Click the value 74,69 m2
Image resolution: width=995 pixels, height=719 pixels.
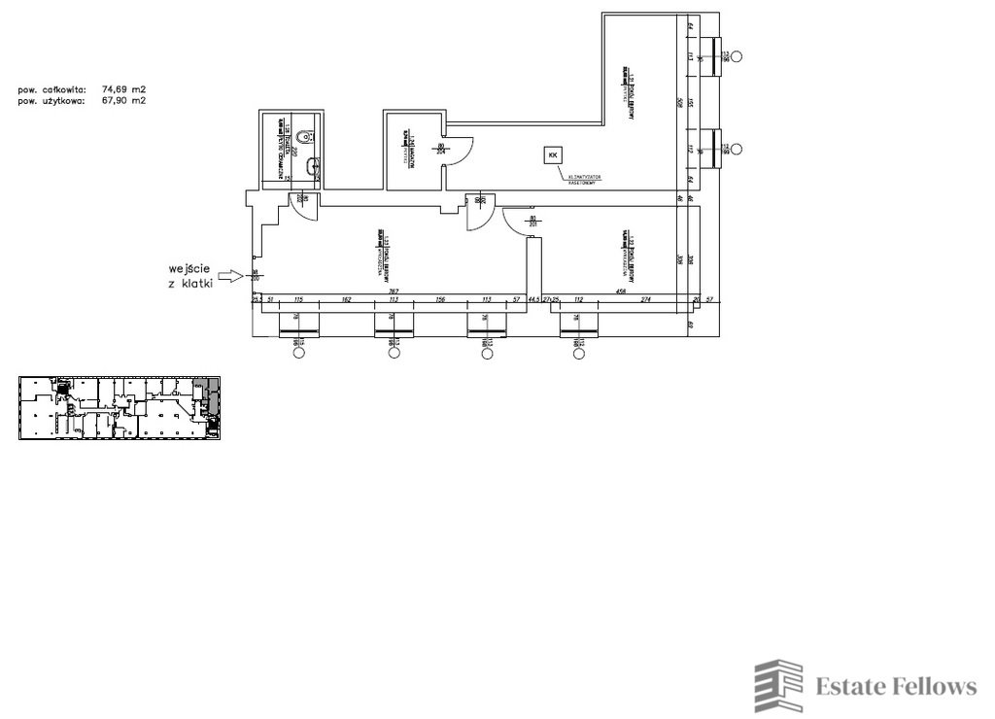(x=123, y=88)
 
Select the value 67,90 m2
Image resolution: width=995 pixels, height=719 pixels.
(x=123, y=99)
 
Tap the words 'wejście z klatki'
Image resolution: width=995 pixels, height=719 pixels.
(x=190, y=276)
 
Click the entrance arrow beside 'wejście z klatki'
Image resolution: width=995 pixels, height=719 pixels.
(x=229, y=276)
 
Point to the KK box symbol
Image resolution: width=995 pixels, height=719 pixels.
(x=553, y=154)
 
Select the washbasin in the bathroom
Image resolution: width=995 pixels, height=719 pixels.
(x=311, y=166)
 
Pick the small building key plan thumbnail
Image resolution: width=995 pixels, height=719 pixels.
(x=120, y=408)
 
